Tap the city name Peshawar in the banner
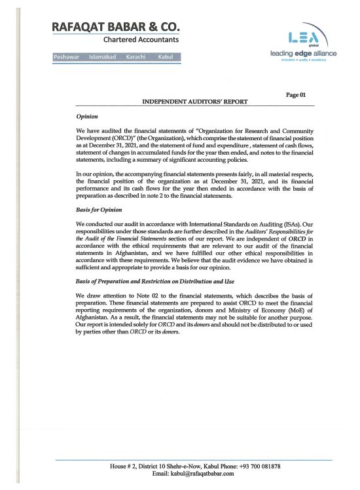pos(67,58)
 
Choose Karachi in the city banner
pos(138,58)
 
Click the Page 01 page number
pos(296,96)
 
